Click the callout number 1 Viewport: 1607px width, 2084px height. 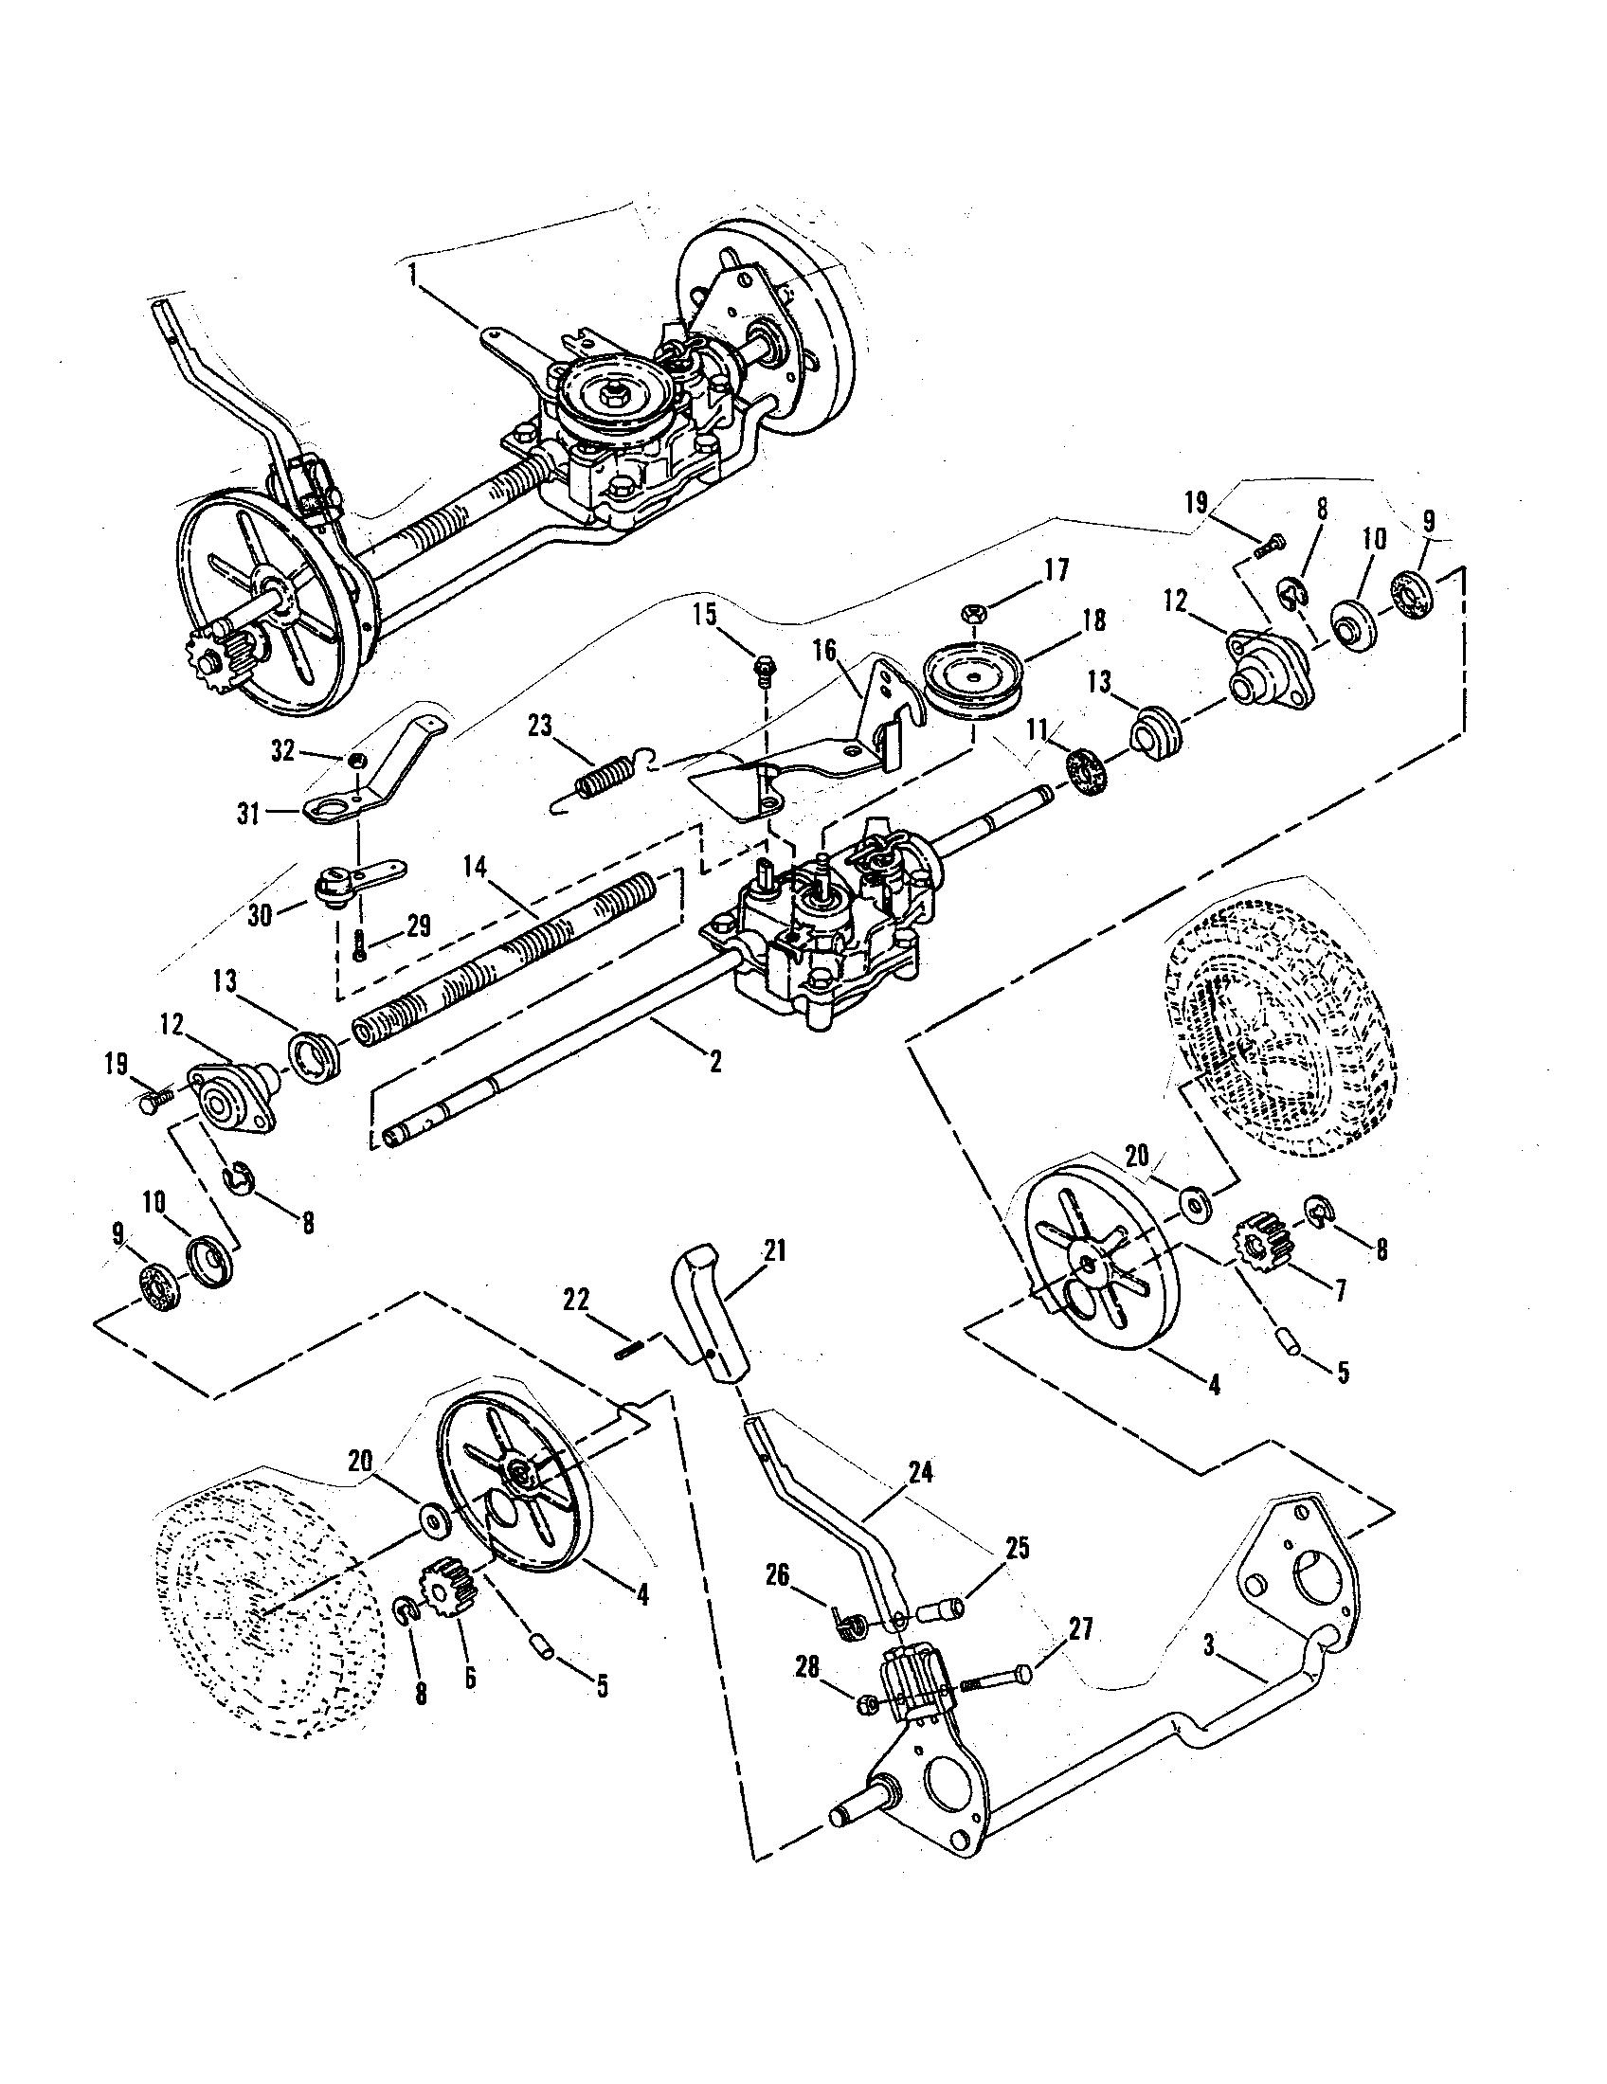click(x=411, y=277)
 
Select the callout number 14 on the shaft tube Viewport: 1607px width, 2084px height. click(x=475, y=868)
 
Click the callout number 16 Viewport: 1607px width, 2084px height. click(x=822, y=651)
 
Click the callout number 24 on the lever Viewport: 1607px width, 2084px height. click(x=920, y=1472)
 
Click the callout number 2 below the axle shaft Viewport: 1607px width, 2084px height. click(x=714, y=1061)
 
